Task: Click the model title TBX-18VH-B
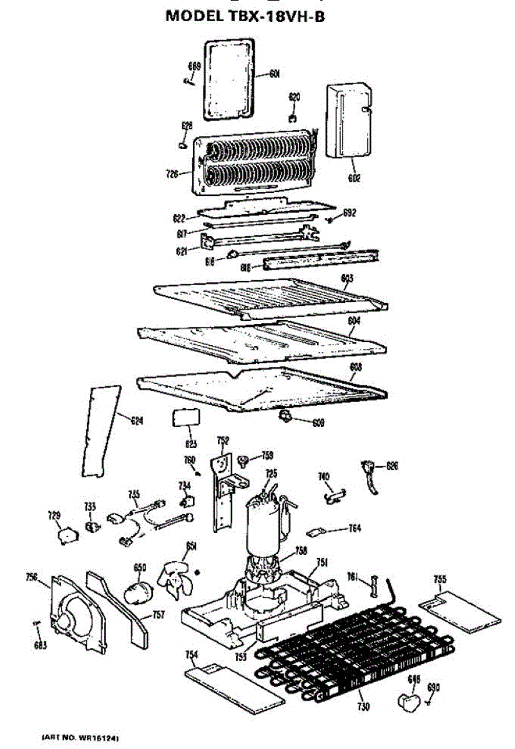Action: (x=245, y=16)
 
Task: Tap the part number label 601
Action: (x=275, y=74)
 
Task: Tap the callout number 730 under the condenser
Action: (x=363, y=707)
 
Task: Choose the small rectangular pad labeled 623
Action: (x=185, y=417)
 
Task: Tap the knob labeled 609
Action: (x=288, y=416)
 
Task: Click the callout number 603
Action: (x=348, y=278)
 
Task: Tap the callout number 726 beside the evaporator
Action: (x=173, y=174)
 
